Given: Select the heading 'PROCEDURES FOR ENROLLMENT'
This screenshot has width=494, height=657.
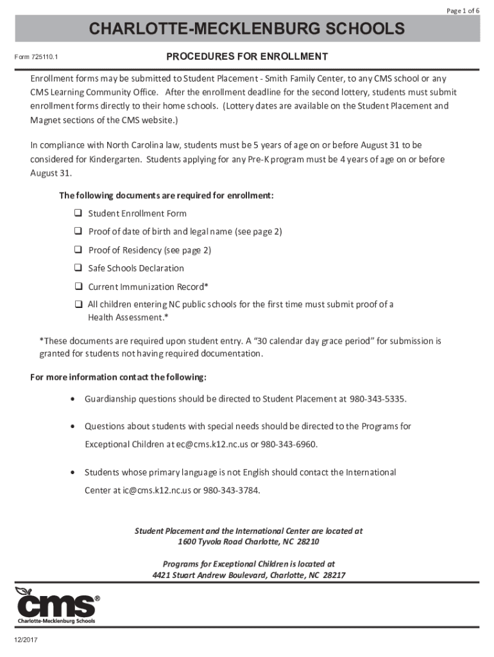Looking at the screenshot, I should coord(247,57).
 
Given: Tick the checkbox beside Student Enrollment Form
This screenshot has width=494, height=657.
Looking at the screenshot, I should coord(78,213).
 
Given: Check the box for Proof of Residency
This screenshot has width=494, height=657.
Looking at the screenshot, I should coord(78,250).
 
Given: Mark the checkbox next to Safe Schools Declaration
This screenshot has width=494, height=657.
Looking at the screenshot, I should coord(78,268).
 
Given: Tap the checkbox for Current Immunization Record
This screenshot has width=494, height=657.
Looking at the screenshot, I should coord(78,286).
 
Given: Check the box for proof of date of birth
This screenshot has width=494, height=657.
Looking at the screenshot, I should coord(78,231).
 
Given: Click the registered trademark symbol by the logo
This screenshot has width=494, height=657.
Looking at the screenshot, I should coord(98,598).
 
